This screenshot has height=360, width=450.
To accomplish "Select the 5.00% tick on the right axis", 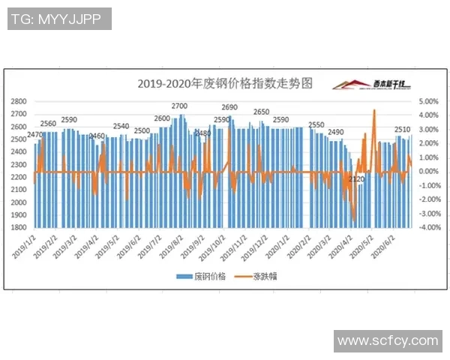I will point(427,101).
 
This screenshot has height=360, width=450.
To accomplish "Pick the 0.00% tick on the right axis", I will point(427,172).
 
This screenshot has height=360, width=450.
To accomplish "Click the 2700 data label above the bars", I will point(180,106).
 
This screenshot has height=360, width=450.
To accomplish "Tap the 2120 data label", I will point(357,179).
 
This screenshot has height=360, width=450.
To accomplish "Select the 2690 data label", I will point(229,107).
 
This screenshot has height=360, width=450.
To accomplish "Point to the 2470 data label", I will point(34,135).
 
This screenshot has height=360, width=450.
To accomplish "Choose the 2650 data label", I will point(261,112).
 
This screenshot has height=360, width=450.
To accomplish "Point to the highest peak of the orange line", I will point(374,110).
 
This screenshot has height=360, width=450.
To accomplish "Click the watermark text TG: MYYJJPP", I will point(58,19).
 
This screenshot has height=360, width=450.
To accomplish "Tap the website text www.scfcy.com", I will point(387,341).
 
